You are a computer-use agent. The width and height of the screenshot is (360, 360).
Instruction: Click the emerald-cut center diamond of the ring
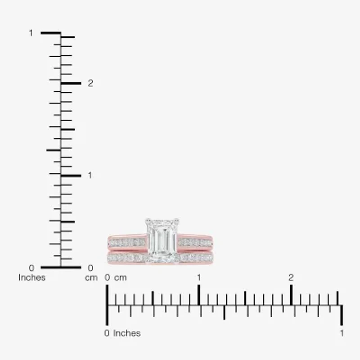(162, 240)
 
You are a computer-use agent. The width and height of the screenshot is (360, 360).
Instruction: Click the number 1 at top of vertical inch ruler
(31, 33)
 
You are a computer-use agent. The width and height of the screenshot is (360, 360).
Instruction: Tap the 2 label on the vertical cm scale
(90, 83)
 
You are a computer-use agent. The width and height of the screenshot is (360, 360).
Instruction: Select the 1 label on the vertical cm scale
(90, 175)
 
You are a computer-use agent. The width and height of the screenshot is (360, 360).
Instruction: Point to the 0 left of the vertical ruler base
(31, 268)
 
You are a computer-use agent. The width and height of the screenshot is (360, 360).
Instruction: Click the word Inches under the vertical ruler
(32, 278)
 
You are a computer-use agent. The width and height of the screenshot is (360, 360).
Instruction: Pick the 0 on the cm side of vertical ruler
(91, 268)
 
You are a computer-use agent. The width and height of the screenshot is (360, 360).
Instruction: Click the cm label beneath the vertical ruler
(91, 278)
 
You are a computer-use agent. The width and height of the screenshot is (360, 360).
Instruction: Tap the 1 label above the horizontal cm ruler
(199, 278)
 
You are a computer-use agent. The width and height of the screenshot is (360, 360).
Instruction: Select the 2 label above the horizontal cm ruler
(291, 278)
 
